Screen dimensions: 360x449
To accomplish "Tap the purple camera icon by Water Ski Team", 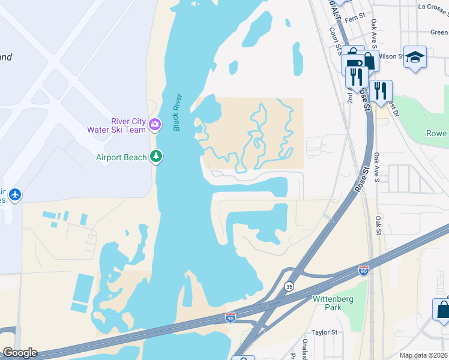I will coord(155,124).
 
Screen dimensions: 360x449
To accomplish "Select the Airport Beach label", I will coord(121,157).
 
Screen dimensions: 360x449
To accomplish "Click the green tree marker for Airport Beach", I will coord(156,157).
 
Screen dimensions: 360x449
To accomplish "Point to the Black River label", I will coord(177,112).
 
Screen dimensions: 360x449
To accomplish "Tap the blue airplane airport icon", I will coord(15,195).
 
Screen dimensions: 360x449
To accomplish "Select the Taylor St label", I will coord(324,332).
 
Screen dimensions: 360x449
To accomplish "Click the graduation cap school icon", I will coord(415,58).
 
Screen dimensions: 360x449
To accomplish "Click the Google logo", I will coord(19,353).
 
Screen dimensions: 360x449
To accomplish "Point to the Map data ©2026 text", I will coord(423,355).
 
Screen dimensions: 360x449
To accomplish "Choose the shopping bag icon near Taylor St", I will coord(443,310).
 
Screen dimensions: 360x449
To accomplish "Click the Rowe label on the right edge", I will coord(436,133).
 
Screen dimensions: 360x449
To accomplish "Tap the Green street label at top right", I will coord(439,33).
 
